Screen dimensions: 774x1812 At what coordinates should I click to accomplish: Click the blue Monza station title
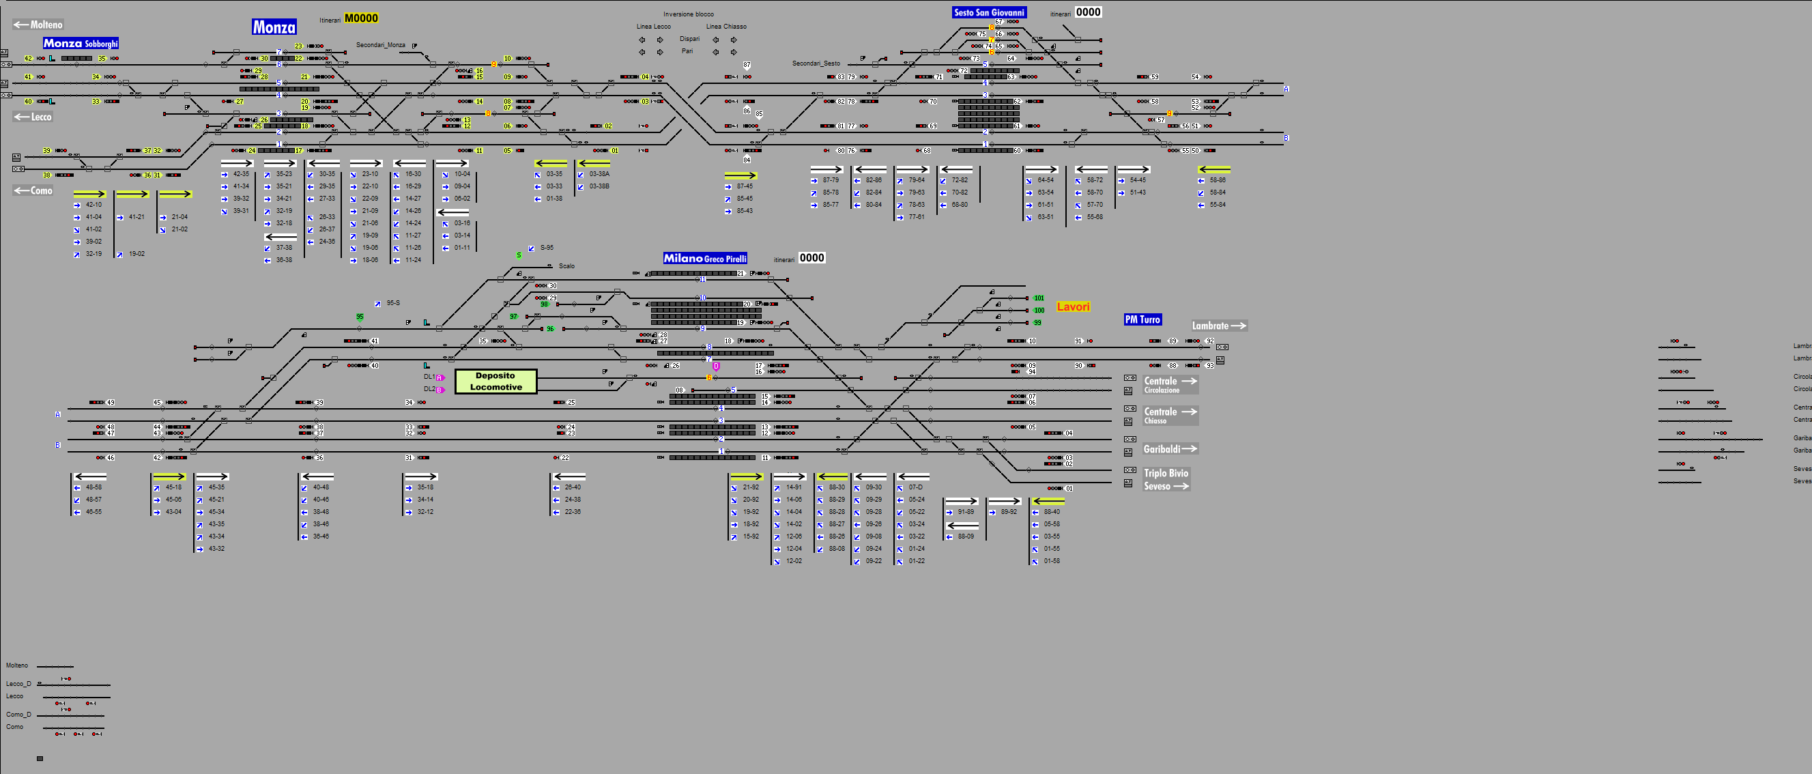pyautogui.click(x=274, y=27)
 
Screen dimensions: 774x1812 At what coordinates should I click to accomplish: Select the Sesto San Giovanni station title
pyautogui.click(x=989, y=12)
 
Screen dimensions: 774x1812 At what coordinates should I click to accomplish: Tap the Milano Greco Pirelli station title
pyautogui.click(x=705, y=258)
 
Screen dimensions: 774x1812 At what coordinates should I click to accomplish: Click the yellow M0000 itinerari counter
pyautogui.click(x=362, y=18)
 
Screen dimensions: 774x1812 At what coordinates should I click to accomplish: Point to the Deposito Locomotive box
pyautogui.click(x=496, y=382)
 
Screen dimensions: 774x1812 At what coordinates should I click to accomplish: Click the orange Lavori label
pyautogui.click(x=1073, y=306)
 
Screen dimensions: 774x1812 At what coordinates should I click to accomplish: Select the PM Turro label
pyautogui.click(x=1142, y=319)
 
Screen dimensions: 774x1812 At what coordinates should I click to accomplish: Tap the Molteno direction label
pyautogui.click(x=39, y=25)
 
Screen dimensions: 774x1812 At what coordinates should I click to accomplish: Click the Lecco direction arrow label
pyautogui.click(x=33, y=117)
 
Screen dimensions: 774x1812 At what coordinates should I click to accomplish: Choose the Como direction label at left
pyautogui.click(x=33, y=190)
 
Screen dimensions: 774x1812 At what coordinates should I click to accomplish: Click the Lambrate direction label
pyautogui.click(x=1218, y=326)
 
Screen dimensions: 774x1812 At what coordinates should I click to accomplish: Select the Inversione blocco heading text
pyautogui.click(x=688, y=14)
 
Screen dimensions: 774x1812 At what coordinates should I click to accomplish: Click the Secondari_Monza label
pyautogui.click(x=381, y=45)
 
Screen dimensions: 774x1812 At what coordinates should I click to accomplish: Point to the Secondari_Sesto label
pyautogui.click(x=816, y=63)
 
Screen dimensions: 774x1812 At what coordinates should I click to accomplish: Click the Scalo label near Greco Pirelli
pyautogui.click(x=566, y=266)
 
